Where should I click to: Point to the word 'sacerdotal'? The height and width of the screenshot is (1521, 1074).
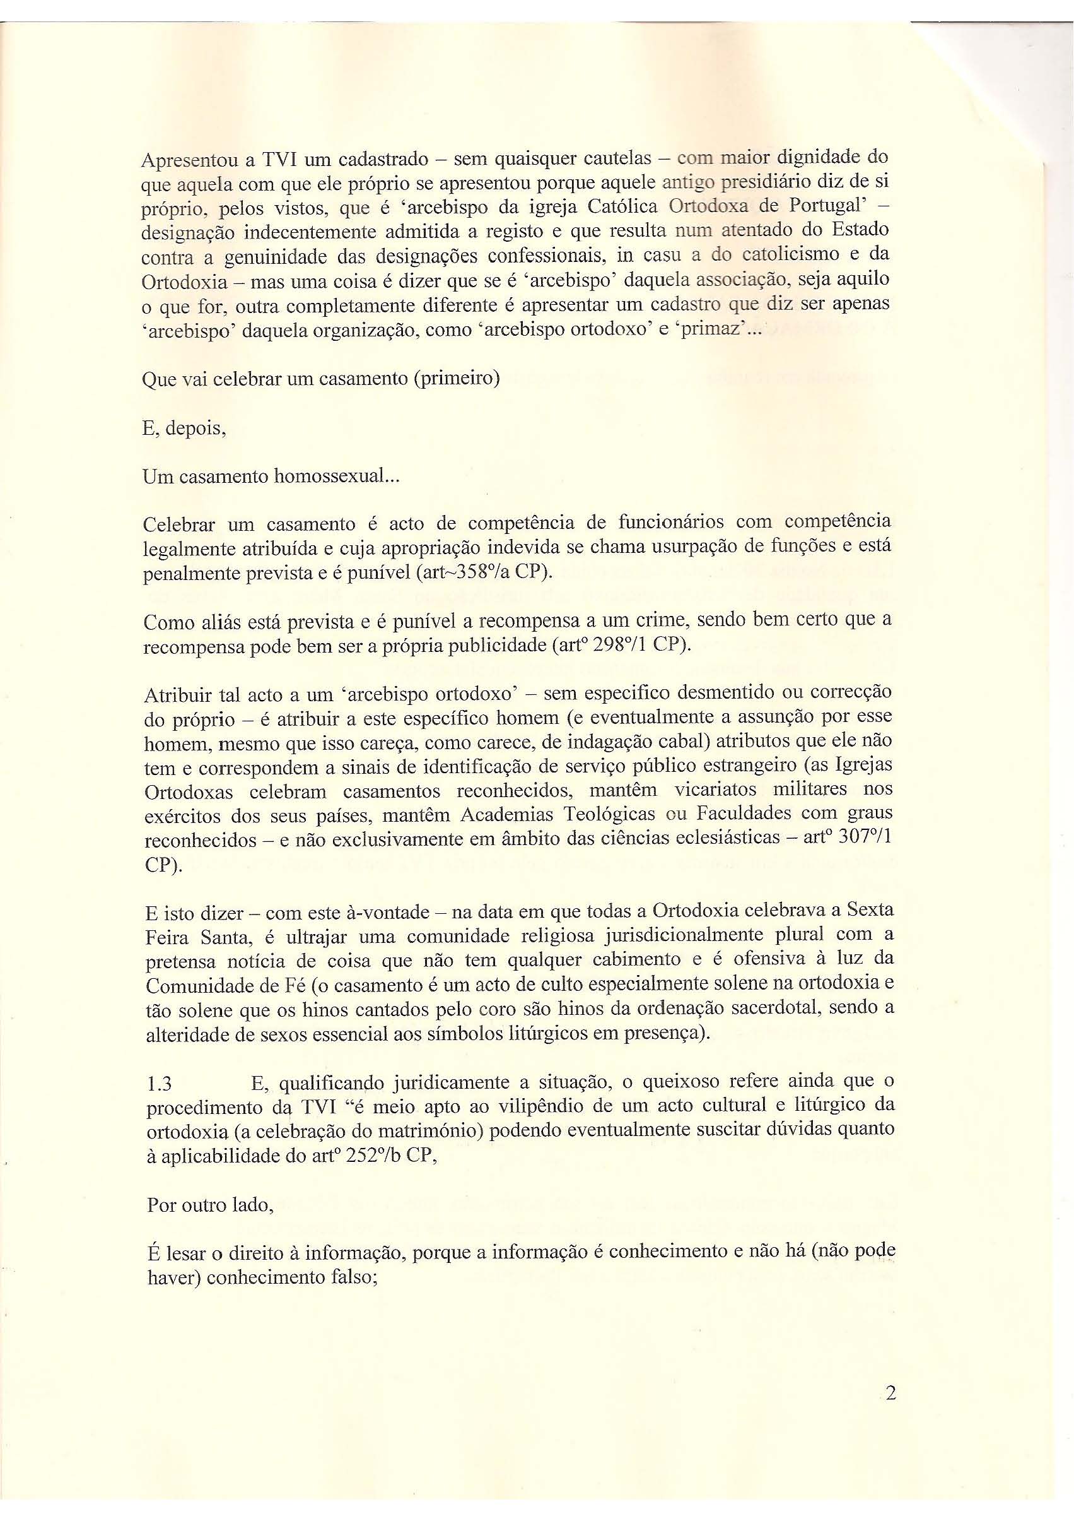click(766, 1010)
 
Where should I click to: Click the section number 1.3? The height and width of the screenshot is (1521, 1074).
click(159, 1083)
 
